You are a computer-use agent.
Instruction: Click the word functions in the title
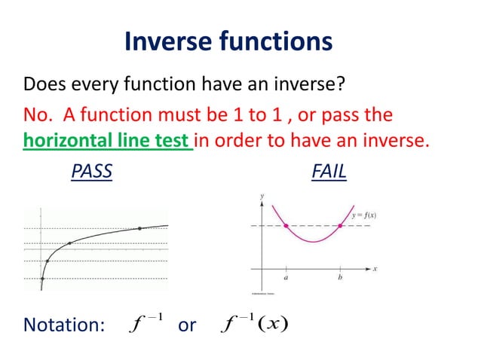point(280,41)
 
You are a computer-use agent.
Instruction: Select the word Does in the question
point(43,81)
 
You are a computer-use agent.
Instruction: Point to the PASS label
point(91,172)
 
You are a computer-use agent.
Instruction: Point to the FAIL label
point(329,172)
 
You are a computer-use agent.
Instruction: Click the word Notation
point(63,325)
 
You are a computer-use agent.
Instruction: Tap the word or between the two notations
point(186,325)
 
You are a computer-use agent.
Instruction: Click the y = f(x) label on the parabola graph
point(363,216)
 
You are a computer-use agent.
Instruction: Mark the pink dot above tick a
point(286,225)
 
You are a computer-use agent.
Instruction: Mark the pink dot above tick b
point(341,225)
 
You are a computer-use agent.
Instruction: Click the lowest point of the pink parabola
point(314,242)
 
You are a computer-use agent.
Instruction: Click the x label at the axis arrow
point(375,268)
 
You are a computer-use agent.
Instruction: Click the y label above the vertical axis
point(262,196)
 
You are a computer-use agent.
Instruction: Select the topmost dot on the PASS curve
point(139,228)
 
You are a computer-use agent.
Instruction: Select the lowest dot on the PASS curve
point(42,276)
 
